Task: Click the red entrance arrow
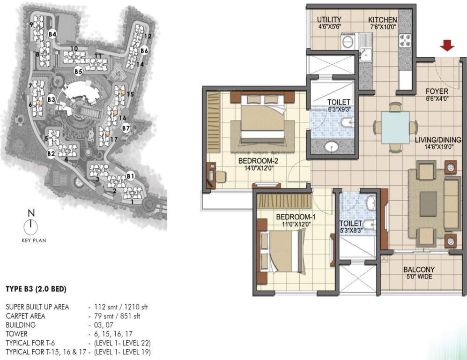point(448,45)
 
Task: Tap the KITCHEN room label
point(382,20)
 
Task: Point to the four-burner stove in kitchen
point(405,42)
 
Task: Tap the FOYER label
point(437,91)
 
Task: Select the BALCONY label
point(419,270)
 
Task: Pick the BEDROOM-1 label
point(293,217)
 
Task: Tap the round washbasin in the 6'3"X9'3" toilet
point(333,148)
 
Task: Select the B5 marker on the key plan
point(78,71)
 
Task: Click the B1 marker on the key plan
point(131,176)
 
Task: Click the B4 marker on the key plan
point(52,34)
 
